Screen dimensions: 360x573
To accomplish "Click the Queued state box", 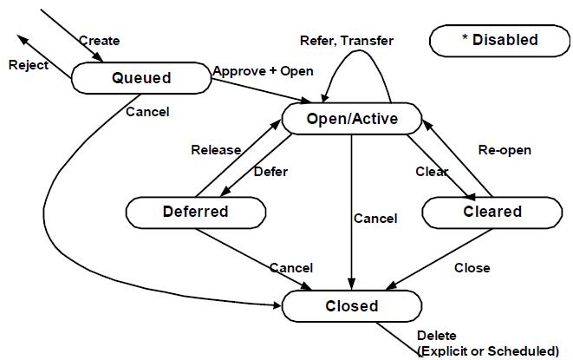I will pyautogui.click(x=141, y=78).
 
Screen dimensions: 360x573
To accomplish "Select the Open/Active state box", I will pyautogui.click(x=352, y=118).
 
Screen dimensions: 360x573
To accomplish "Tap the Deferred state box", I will pyautogui.click(x=195, y=211).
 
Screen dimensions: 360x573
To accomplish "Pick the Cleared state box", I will pyautogui.click(x=492, y=211).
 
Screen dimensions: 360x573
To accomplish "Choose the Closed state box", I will pyautogui.click(x=352, y=305).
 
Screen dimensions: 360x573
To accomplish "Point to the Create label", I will pyautogui.click(x=99, y=41).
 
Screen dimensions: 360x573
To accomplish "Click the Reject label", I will pyautogui.click(x=27, y=66).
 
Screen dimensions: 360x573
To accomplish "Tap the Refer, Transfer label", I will pyautogui.click(x=346, y=41).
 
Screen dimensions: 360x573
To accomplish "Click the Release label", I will pyautogui.click(x=216, y=149).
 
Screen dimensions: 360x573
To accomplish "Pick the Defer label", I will pyautogui.click(x=270, y=171).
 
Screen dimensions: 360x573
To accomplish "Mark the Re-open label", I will pyautogui.click(x=505, y=149).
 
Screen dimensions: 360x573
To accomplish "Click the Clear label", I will pyautogui.click(x=431, y=171).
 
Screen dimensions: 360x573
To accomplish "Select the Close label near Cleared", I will pyautogui.click(x=472, y=267).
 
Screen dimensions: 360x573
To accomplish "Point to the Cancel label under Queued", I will pyautogui.click(x=147, y=111).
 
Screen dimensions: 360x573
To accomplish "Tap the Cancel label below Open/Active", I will pyautogui.click(x=375, y=219).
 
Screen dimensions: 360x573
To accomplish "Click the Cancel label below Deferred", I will pyautogui.click(x=291, y=267).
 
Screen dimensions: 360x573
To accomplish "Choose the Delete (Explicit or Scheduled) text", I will pyautogui.click(x=487, y=344).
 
